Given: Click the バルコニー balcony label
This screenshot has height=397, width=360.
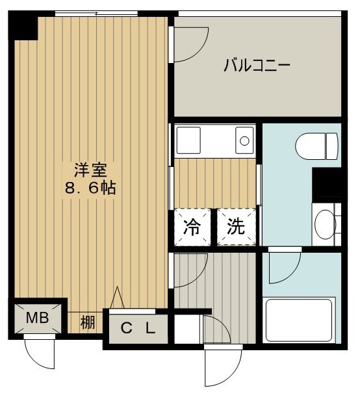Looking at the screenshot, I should (256, 66).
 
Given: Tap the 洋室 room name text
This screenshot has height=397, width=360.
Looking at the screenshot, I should (90, 170).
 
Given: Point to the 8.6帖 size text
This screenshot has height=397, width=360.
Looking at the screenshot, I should (90, 190).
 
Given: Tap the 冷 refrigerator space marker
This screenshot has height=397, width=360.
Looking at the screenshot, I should (192, 227).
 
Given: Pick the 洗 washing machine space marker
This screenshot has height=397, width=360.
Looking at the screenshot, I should (236, 227).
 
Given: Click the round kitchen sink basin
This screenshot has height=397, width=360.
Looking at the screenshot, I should (244, 139).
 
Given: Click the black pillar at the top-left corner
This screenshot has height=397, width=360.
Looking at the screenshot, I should (23, 27).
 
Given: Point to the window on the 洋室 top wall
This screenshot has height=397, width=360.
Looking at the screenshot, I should (97, 14).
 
